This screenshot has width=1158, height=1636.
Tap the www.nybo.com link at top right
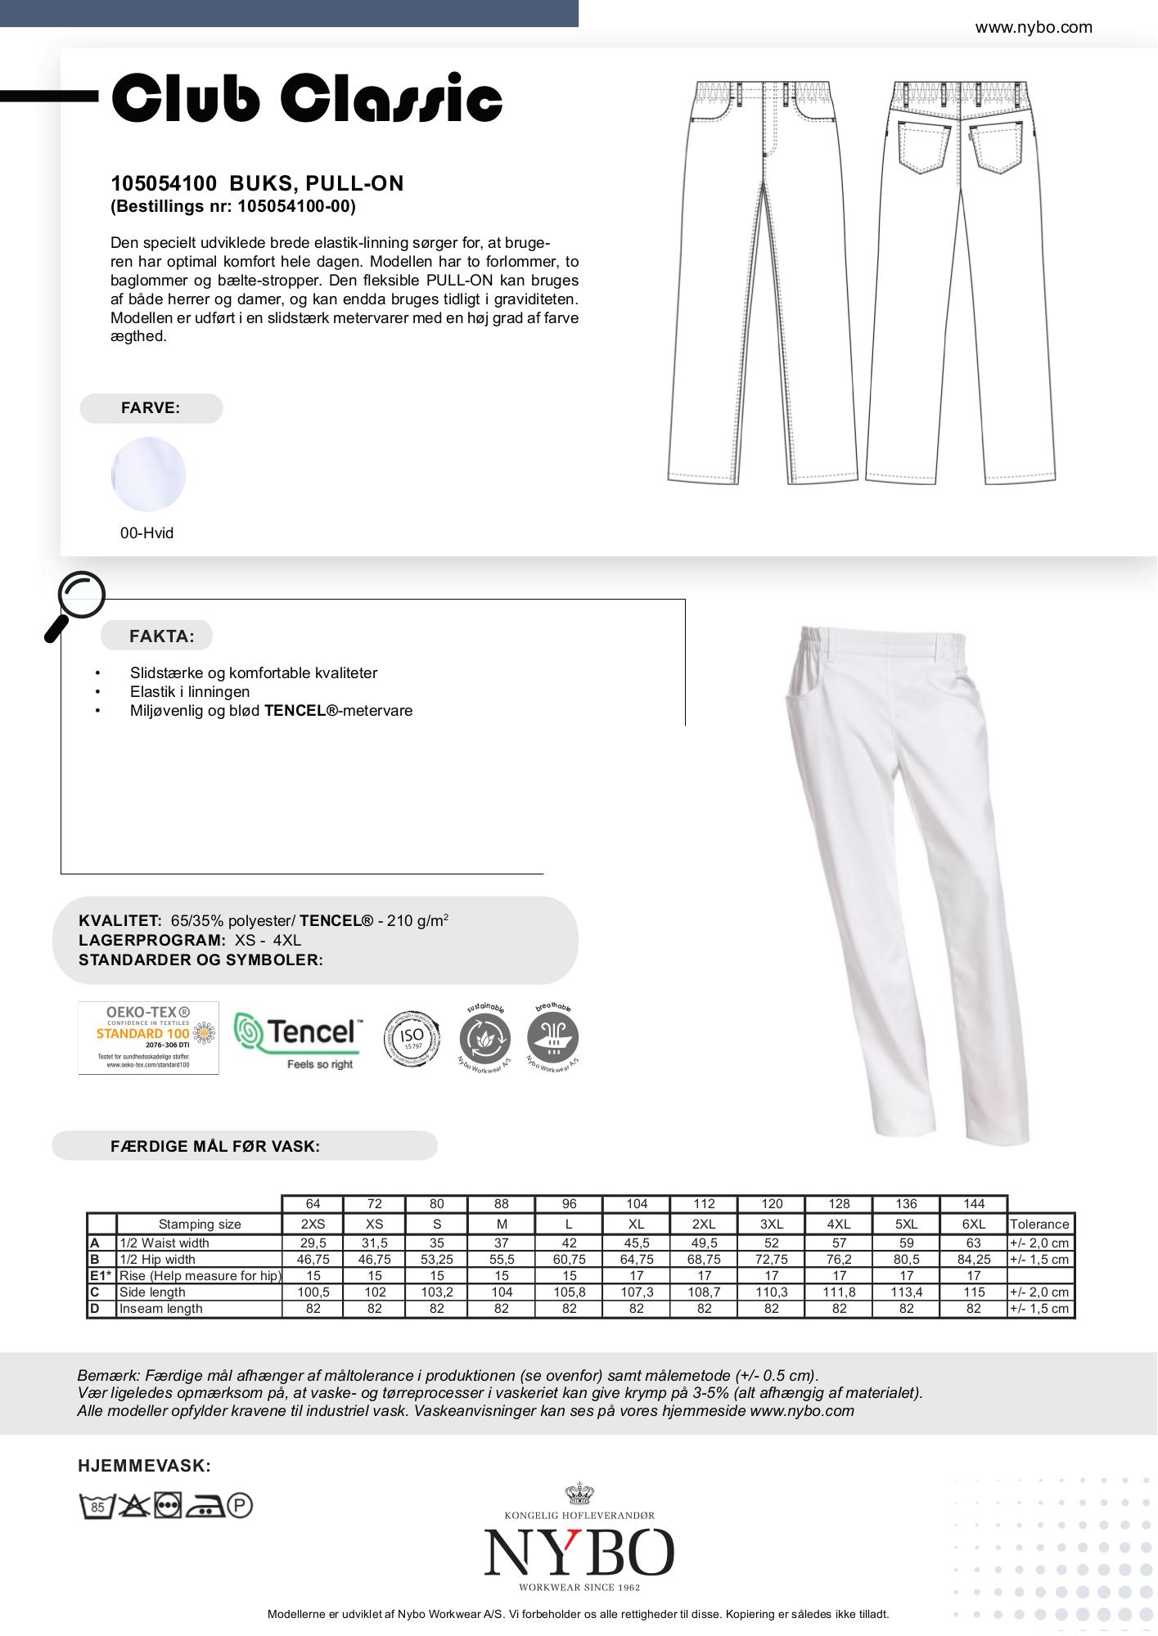pyautogui.click(x=1033, y=28)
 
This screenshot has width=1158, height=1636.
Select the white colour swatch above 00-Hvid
pyautogui.click(x=148, y=474)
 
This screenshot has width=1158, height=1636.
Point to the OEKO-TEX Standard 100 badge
pyautogui.click(x=148, y=1037)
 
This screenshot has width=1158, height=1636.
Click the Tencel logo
pyautogui.click(x=298, y=1037)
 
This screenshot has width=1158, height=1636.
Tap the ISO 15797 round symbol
pyautogui.click(x=412, y=1038)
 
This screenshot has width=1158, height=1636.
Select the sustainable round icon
pyautogui.click(x=485, y=1038)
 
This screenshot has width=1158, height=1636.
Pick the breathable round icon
pyautogui.click(x=553, y=1038)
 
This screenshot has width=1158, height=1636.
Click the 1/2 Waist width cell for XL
pyautogui.click(x=637, y=1243)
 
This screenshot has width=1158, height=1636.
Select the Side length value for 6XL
pyautogui.click(x=973, y=1292)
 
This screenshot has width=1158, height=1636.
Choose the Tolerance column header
pyautogui.click(x=1039, y=1225)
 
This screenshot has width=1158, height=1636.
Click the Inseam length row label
pyautogui.click(x=160, y=1309)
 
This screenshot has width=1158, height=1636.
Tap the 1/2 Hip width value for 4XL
pyautogui.click(x=839, y=1260)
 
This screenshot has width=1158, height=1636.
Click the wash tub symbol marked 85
pyautogui.click(x=96, y=1506)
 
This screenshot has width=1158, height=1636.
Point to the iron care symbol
pyautogui.click(x=205, y=1506)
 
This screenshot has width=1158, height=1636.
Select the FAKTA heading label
pyautogui.click(x=161, y=636)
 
